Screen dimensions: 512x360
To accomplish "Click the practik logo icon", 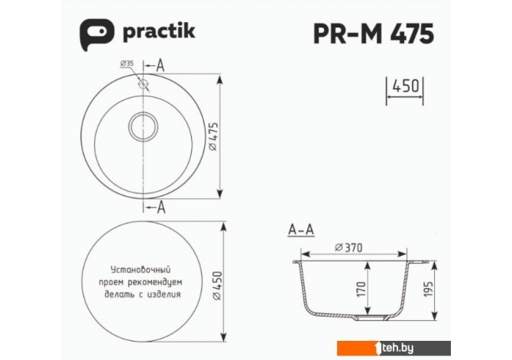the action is (x=97, y=34).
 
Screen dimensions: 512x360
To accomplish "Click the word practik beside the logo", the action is (x=159, y=32).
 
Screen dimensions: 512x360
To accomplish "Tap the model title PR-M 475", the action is (x=374, y=34).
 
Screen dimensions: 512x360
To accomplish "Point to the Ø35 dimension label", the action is (x=127, y=63).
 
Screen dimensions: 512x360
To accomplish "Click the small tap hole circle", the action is (x=144, y=84).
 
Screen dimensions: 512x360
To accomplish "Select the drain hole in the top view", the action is (x=143, y=126).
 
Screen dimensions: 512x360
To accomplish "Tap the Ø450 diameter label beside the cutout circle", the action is (x=217, y=286).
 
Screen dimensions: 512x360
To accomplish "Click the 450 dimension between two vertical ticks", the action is (x=405, y=86).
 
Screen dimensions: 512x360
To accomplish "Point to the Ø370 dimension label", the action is (x=348, y=248).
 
